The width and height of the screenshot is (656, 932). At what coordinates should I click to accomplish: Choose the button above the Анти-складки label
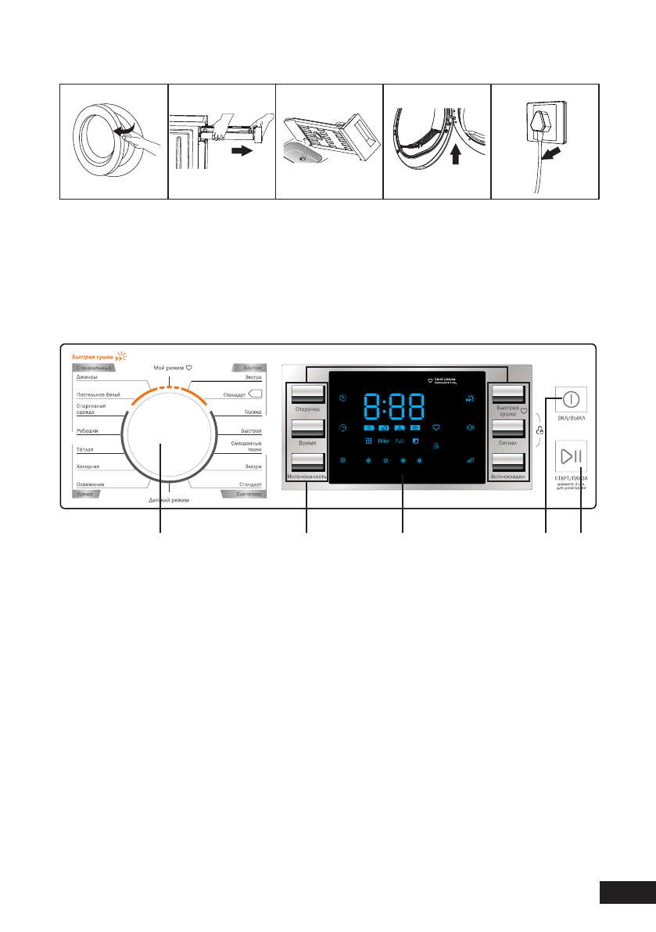(x=507, y=462)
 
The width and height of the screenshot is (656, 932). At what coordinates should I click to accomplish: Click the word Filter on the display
(x=384, y=441)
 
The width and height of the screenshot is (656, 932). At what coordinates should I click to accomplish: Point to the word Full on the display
(x=400, y=441)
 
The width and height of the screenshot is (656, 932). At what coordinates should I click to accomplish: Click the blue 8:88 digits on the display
(x=395, y=407)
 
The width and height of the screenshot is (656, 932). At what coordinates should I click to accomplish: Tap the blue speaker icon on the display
(x=470, y=427)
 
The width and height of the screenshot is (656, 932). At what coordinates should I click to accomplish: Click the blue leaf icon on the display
(x=470, y=460)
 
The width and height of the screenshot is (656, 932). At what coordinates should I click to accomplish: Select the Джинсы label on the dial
(x=87, y=377)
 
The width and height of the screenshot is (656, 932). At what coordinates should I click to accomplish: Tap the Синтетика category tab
(x=244, y=495)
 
